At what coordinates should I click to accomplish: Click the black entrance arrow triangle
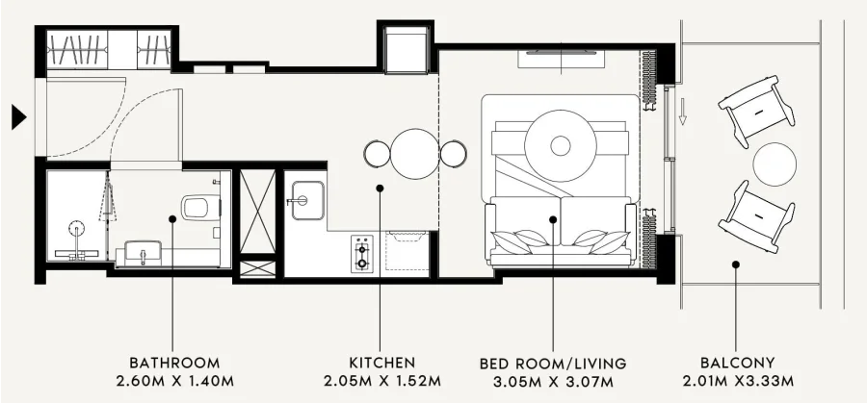click(18, 117)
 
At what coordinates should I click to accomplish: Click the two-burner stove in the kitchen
click(362, 253)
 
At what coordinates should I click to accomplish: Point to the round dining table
click(414, 154)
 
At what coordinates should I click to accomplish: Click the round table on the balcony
click(775, 164)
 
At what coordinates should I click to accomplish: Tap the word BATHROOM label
click(174, 363)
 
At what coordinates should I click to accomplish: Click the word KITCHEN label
click(382, 363)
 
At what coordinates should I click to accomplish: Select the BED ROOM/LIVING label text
click(553, 364)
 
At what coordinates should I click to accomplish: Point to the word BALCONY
click(738, 363)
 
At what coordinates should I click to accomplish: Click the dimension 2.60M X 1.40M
click(174, 381)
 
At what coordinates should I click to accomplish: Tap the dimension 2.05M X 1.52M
click(382, 381)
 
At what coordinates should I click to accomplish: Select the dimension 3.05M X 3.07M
click(553, 381)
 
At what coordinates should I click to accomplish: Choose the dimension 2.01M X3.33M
click(738, 381)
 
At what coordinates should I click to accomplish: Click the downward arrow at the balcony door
click(682, 112)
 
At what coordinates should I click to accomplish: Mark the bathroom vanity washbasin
click(143, 253)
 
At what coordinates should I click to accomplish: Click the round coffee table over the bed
click(561, 146)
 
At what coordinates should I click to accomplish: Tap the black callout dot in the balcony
click(735, 264)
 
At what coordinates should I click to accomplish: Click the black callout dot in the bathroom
click(172, 219)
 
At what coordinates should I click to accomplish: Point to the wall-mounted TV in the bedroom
click(561, 53)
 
